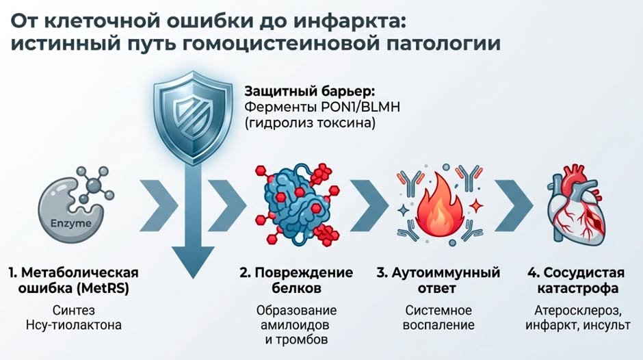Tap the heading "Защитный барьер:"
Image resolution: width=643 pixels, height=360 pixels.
(296, 91)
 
